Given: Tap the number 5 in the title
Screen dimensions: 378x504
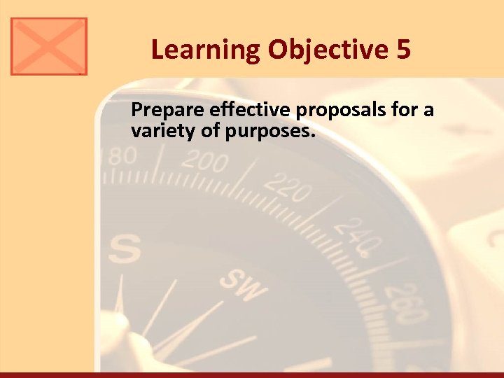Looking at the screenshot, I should (403, 50).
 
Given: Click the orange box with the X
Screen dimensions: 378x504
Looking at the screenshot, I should (49, 46).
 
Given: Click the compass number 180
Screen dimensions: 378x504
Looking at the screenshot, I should (120, 156).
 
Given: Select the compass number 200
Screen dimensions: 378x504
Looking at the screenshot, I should (204, 162).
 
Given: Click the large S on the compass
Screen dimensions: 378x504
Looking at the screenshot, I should (125, 248).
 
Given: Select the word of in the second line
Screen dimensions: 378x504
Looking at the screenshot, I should (211, 129).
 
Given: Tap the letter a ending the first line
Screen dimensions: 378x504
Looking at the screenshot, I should (429, 112).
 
